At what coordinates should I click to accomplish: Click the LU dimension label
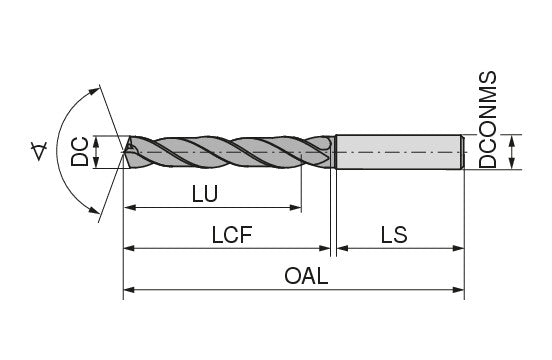205,194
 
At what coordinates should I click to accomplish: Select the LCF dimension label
232,235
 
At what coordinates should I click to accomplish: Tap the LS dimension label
394,235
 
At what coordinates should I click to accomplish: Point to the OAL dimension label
306,276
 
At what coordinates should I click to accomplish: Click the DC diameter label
80,152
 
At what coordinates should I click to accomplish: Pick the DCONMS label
488,120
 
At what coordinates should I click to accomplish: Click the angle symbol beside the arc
39,151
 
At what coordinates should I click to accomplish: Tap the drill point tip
123,152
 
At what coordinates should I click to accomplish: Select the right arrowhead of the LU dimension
296,208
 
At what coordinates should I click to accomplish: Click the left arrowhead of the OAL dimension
129,290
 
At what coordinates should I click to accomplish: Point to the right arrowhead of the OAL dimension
458,290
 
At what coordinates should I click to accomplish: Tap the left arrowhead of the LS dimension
343,248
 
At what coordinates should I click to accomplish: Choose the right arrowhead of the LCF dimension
324,248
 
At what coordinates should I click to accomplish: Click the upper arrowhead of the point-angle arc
94,91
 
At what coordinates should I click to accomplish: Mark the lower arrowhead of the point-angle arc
94,210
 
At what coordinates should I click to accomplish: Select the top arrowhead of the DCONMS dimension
512,140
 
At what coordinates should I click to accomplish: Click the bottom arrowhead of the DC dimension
96,163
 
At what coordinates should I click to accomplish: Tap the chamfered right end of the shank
463,152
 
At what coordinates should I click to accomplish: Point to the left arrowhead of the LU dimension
130,208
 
